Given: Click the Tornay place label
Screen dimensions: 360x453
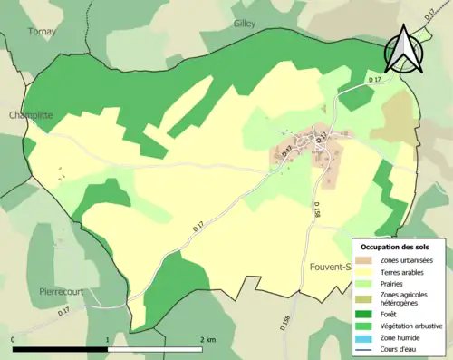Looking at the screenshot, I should click(41, 31).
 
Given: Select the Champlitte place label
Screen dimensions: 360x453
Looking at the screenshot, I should click(32, 116).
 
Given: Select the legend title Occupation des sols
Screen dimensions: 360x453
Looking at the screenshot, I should click(397, 247).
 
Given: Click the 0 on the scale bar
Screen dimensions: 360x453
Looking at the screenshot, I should click(14, 339).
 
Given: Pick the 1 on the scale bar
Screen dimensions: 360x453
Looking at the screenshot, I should click(109, 339).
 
